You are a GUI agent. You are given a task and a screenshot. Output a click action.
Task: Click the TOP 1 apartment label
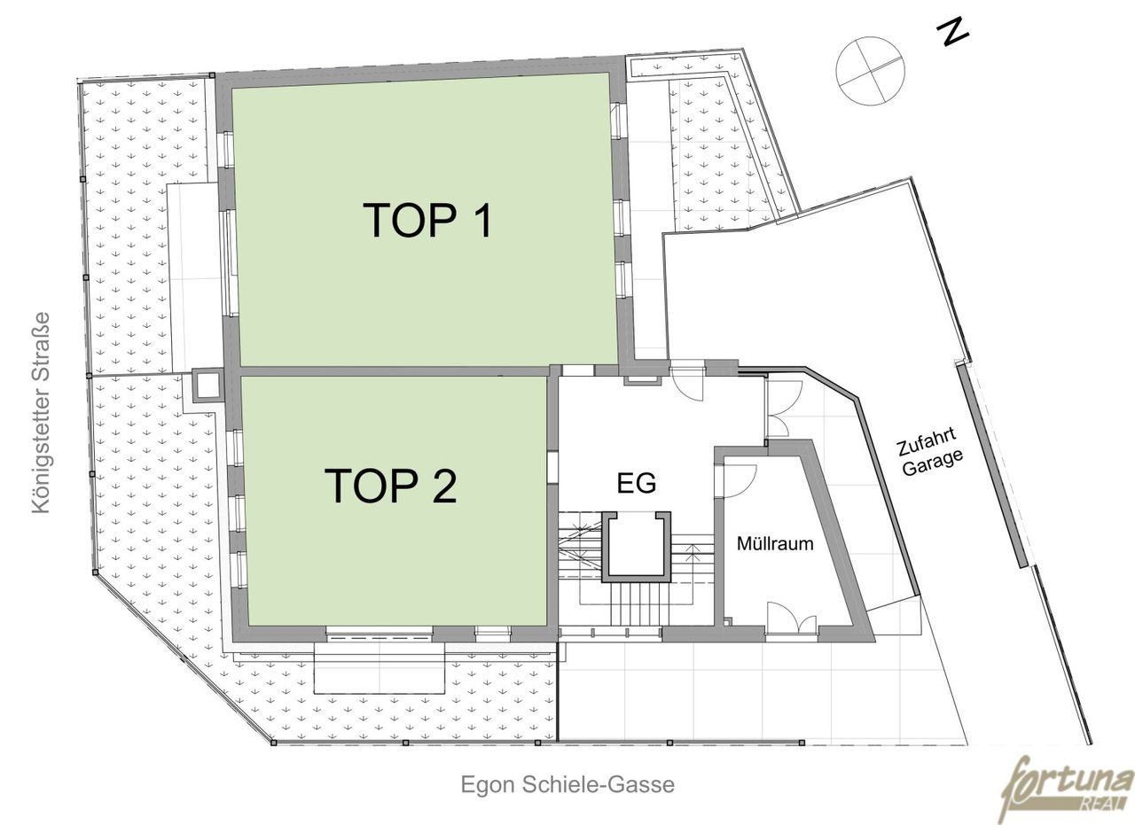pos(427,221)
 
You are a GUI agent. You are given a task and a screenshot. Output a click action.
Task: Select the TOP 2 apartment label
pos(390,486)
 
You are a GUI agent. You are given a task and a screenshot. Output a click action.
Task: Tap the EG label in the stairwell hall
pos(637,483)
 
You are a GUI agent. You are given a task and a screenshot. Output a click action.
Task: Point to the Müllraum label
pos(775,544)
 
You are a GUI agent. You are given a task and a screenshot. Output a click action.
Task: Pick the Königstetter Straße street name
pos(42,412)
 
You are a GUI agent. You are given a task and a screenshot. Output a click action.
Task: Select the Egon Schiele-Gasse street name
pos(567,785)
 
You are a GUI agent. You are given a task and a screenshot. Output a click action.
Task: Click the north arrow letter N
pos(952,34)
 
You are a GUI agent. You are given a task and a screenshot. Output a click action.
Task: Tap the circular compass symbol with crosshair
pos(870,71)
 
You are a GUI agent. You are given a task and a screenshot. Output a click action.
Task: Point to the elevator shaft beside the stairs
pos(637,547)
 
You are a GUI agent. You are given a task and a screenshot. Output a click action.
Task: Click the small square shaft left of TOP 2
pos(207,386)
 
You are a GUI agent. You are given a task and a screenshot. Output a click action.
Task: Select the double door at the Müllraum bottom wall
pos(792,619)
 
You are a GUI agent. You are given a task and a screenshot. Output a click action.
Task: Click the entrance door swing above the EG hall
pos(687,382)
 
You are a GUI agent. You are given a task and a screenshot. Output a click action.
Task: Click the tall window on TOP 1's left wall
pos(231,263)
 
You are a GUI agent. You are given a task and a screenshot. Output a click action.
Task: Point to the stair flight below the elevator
pos(639,605)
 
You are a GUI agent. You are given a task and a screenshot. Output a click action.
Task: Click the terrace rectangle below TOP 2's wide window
pos(379,667)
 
